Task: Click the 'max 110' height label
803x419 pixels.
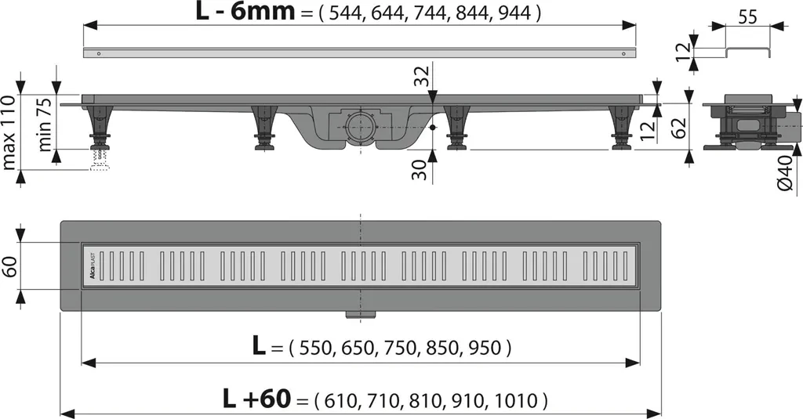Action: [10, 132]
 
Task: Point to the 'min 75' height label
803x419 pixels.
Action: [45, 125]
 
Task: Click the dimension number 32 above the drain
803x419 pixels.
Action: [422, 78]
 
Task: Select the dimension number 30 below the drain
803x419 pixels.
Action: [421, 170]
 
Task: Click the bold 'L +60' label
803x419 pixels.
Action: [256, 399]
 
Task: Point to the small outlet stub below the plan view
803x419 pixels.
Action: [361, 315]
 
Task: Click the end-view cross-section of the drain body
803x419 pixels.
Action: [748, 123]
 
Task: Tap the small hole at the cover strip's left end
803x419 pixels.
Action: [99, 53]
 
